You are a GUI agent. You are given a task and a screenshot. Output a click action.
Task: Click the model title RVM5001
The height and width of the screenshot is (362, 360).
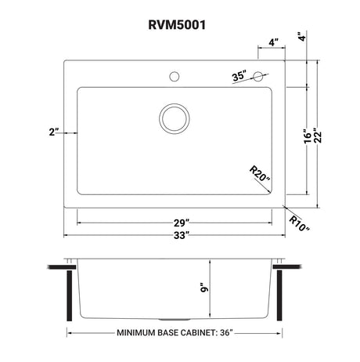click(x=177, y=25)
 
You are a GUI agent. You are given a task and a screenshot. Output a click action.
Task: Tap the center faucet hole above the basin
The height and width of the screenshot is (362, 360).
click(x=175, y=77)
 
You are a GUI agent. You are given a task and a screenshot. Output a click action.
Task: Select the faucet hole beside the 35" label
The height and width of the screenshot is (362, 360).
click(x=258, y=76)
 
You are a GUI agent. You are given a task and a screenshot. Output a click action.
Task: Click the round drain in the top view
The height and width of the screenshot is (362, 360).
click(x=175, y=118)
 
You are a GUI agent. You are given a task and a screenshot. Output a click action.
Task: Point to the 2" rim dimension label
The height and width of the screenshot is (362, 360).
click(x=54, y=132)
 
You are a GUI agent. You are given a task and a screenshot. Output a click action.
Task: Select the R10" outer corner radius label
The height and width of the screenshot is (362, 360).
click(x=300, y=223)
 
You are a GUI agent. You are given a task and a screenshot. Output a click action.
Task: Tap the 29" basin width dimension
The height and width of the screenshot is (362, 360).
click(x=182, y=223)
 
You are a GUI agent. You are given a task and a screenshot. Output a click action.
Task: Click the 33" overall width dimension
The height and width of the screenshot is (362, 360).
click(x=182, y=235)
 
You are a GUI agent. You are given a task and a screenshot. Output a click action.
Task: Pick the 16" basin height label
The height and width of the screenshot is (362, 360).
click(x=308, y=136)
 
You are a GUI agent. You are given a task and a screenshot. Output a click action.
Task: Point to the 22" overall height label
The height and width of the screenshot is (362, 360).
click(x=318, y=136)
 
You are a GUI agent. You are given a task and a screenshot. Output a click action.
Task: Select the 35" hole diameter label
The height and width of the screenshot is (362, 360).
click(x=239, y=76)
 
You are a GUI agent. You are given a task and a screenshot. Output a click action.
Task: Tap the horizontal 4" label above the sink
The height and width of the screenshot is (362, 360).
click(x=274, y=42)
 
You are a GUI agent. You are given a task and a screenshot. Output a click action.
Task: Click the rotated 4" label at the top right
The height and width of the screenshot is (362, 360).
click(x=302, y=36)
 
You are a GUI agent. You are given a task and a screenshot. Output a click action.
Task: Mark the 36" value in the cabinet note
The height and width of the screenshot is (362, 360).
click(x=226, y=333)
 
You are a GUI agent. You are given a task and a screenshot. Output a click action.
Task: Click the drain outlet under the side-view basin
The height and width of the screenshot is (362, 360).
click(x=175, y=320)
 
